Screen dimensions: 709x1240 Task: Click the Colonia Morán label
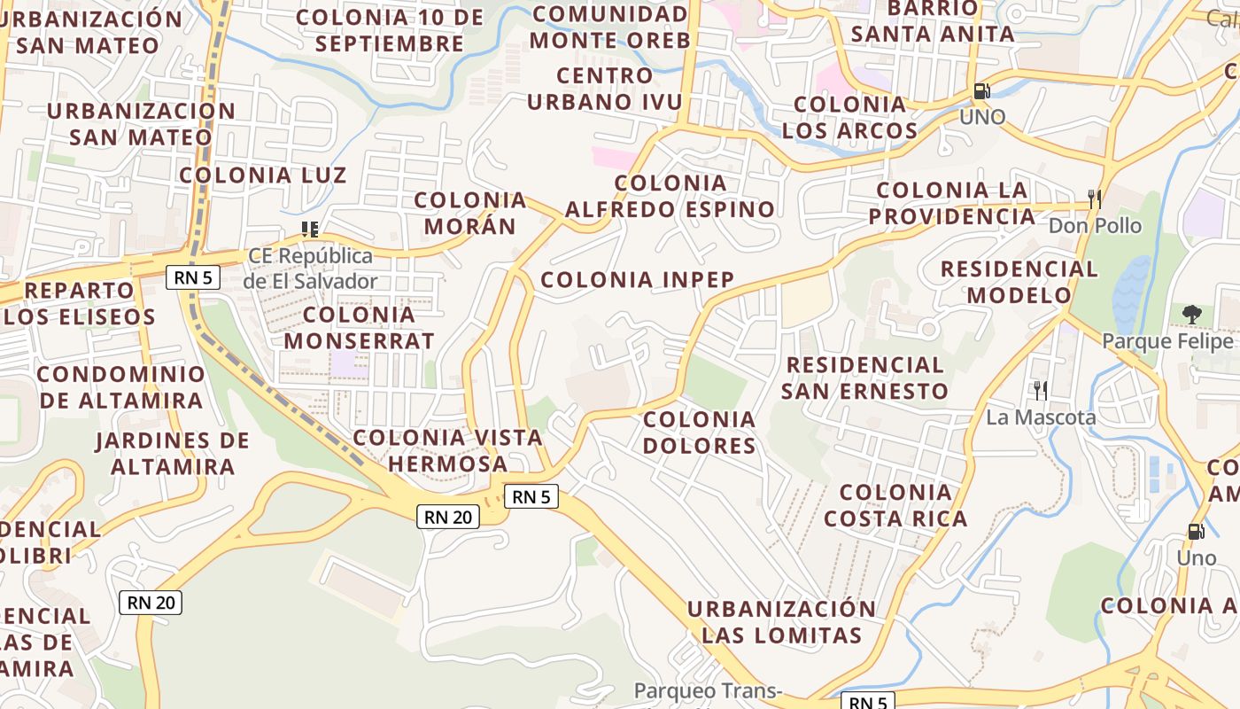[470, 213]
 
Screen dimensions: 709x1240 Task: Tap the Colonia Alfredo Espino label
[670, 197]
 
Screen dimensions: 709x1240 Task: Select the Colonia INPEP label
[638, 280]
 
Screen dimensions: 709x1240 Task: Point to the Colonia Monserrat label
[359, 327]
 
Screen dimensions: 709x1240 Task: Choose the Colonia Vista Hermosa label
[448, 450]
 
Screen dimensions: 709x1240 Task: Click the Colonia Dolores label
[700, 432]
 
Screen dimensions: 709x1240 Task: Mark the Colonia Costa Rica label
[895, 505]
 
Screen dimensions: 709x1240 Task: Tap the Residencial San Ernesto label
[864, 378]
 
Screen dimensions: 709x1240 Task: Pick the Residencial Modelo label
[1019, 282]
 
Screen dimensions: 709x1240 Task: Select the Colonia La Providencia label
[952, 203]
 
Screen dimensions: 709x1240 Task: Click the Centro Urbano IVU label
[606, 89]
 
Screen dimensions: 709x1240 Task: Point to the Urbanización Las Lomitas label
[782, 622]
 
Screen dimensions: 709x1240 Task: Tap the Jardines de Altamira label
[173, 453]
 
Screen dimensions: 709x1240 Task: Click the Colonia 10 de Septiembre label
[391, 30]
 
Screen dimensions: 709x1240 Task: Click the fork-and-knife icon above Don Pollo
[1095, 199]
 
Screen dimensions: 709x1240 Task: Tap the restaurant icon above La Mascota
[1041, 390]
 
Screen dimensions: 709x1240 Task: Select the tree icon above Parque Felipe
[1192, 314]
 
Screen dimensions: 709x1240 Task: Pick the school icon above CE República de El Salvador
[310, 230]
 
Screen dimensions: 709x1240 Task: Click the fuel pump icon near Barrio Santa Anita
[981, 90]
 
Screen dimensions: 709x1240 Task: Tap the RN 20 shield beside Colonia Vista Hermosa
[449, 517]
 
